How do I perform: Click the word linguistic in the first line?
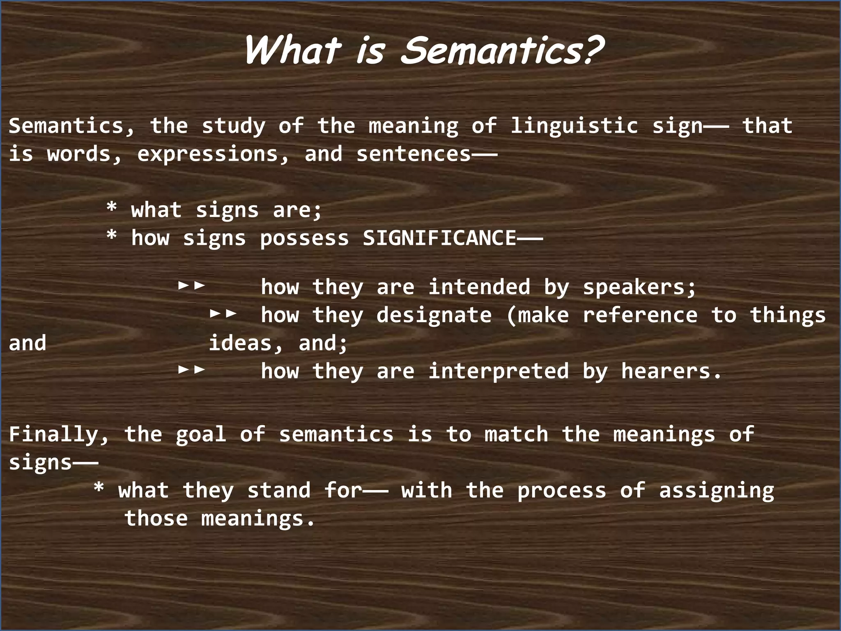point(574,126)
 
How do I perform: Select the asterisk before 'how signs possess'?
point(111,236)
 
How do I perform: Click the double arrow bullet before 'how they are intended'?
point(191,285)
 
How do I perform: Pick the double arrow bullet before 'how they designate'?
point(223,313)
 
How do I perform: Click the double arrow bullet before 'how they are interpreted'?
point(191,370)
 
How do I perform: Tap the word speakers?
point(639,287)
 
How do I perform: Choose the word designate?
point(434,315)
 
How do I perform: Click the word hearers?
point(671,371)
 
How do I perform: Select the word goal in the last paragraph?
point(201,435)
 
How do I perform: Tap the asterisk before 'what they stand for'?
point(99,488)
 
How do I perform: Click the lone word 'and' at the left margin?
point(28,343)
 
